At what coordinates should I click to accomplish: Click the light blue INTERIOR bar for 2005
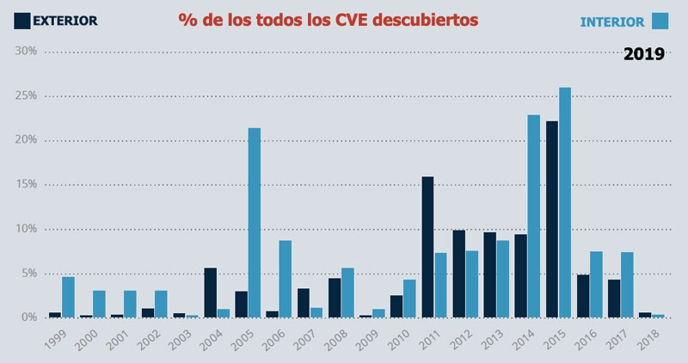[255, 223]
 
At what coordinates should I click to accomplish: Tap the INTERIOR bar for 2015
[564, 202]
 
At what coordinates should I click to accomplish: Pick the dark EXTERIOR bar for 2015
[551, 219]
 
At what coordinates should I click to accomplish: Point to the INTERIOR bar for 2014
[533, 216]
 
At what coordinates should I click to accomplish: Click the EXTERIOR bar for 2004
[210, 292]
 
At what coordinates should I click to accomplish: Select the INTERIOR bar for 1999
[68, 297]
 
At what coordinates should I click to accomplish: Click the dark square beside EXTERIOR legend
[21, 20]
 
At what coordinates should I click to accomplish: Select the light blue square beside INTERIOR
[660, 21]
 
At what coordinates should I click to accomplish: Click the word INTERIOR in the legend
[612, 22]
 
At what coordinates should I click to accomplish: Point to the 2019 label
[643, 54]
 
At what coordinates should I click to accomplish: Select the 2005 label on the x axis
[240, 339]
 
